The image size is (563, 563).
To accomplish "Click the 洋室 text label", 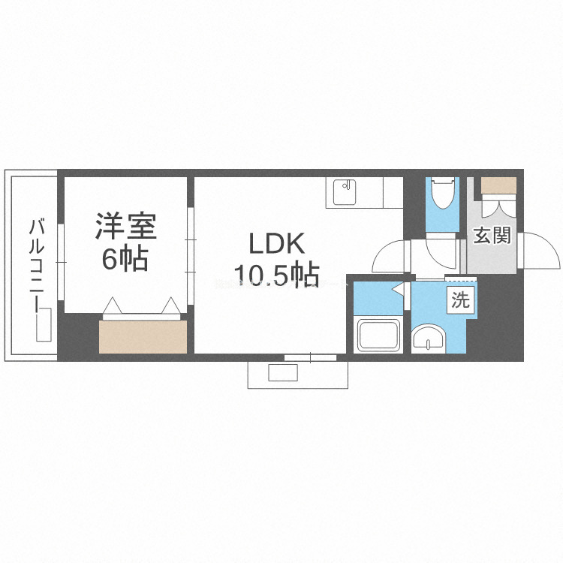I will point(124,227).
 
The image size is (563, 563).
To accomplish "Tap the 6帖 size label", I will point(124,259).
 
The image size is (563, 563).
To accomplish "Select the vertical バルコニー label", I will point(35,262).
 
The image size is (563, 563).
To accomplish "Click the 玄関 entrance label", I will point(492,236).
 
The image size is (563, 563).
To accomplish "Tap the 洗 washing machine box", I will point(460,300).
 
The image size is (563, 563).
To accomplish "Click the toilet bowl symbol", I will point(442,193).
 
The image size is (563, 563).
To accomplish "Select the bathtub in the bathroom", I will point(380,335).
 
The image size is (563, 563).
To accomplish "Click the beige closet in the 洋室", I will point(142,337).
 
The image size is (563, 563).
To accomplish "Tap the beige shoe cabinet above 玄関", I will point(498,185).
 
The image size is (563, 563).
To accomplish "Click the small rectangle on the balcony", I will point(44,326).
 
